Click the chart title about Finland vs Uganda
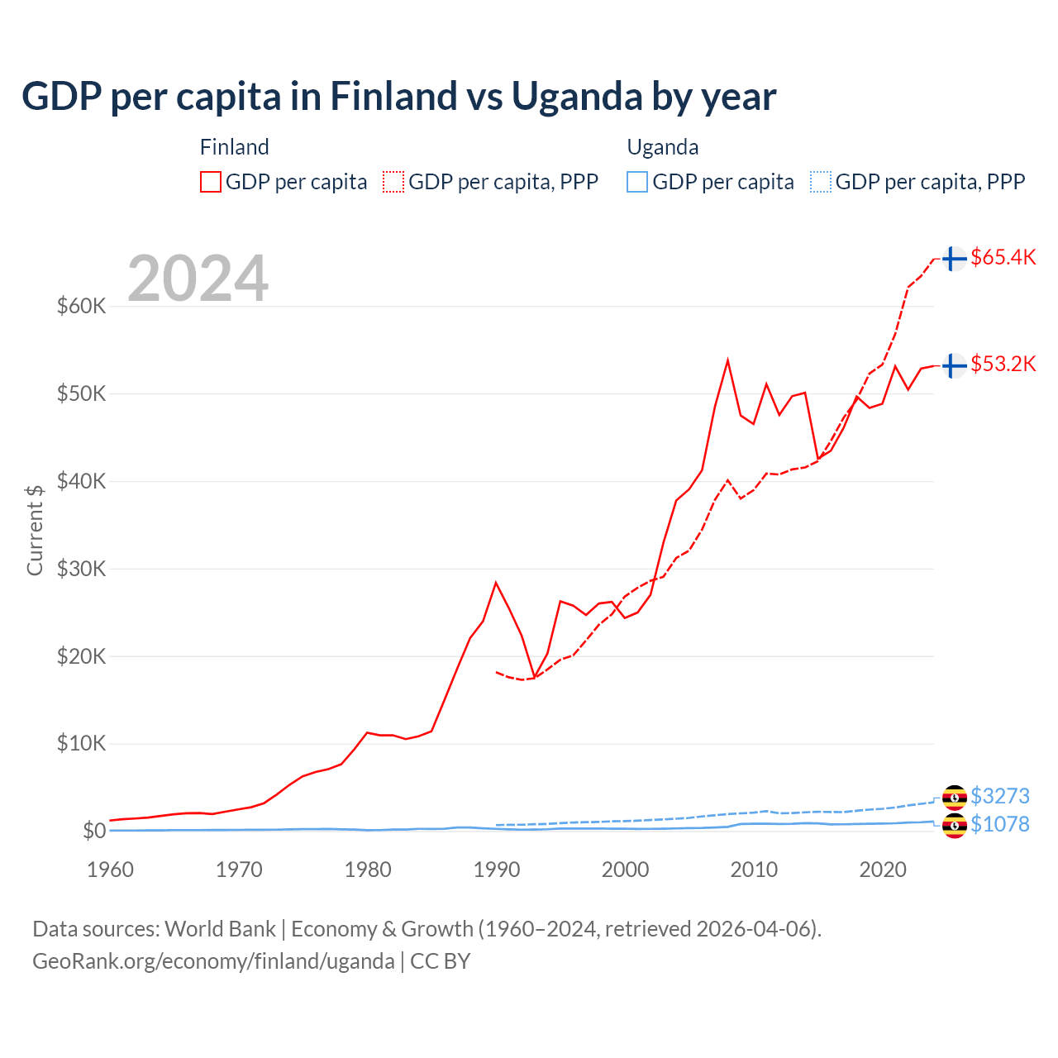point(398,96)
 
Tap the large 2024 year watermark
point(198,279)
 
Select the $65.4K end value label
point(1003,257)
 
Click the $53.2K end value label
point(1003,364)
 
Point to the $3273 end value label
point(999,796)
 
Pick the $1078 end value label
point(999,824)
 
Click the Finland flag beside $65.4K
point(954,259)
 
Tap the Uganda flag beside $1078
point(954,825)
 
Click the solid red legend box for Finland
point(211,182)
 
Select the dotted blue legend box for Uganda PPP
point(821,182)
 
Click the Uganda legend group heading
point(663,147)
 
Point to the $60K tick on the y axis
point(82,307)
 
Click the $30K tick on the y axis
point(82,569)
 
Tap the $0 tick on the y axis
point(94,831)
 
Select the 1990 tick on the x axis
point(496,870)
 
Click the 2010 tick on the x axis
point(754,870)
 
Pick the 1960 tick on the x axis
point(111,870)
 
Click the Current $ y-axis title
point(35,530)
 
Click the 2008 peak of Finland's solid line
point(727,360)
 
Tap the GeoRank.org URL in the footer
point(213,961)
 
